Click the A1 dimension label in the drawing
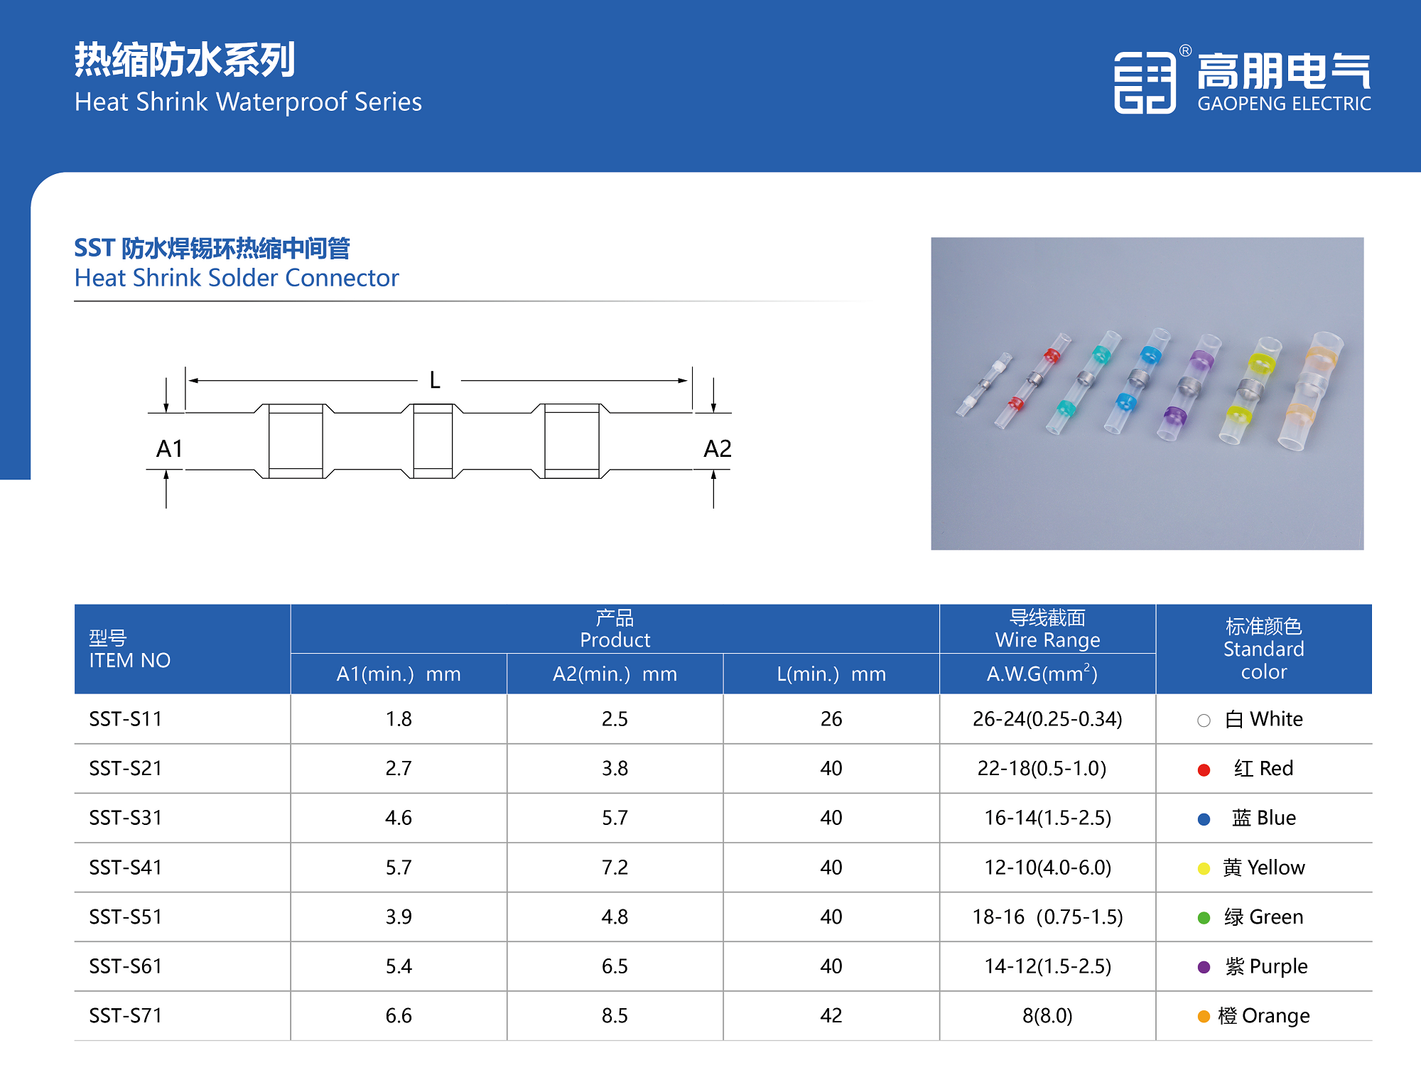pyautogui.click(x=170, y=448)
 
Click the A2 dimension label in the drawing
pyautogui.click(x=717, y=448)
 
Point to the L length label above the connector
pyautogui.click(x=435, y=381)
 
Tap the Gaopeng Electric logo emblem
pyautogui.click(x=1145, y=82)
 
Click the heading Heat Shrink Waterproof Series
pyautogui.click(x=248, y=102)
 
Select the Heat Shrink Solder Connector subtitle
pyautogui.click(x=237, y=278)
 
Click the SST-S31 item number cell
pyautogui.click(x=126, y=818)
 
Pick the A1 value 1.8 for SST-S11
pyautogui.click(x=399, y=719)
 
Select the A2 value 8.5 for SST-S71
pyautogui.click(x=615, y=1015)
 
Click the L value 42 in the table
pyautogui.click(x=831, y=1015)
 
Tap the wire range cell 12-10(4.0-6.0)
pyautogui.click(x=1047, y=868)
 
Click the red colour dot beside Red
pyautogui.click(x=1204, y=770)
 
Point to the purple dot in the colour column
pyautogui.click(x=1204, y=967)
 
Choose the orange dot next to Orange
pyautogui.click(x=1204, y=1017)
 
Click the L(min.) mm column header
pyautogui.click(x=831, y=674)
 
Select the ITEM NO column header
pyautogui.click(x=130, y=660)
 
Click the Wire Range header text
pyautogui.click(x=1047, y=640)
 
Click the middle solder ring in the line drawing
pyautogui.click(x=433, y=441)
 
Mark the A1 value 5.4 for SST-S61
pyautogui.click(x=399, y=966)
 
